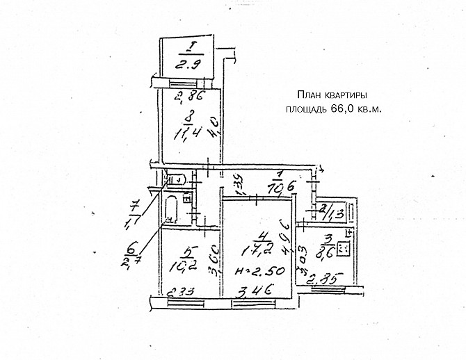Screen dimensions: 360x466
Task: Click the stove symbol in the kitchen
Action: click(x=343, y=248)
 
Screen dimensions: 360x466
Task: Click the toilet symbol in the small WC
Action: click(x=175, y=179)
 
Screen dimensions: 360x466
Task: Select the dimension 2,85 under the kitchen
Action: click(x=321, y=281)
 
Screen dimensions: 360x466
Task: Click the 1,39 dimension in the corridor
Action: click(x=236, y=184)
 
